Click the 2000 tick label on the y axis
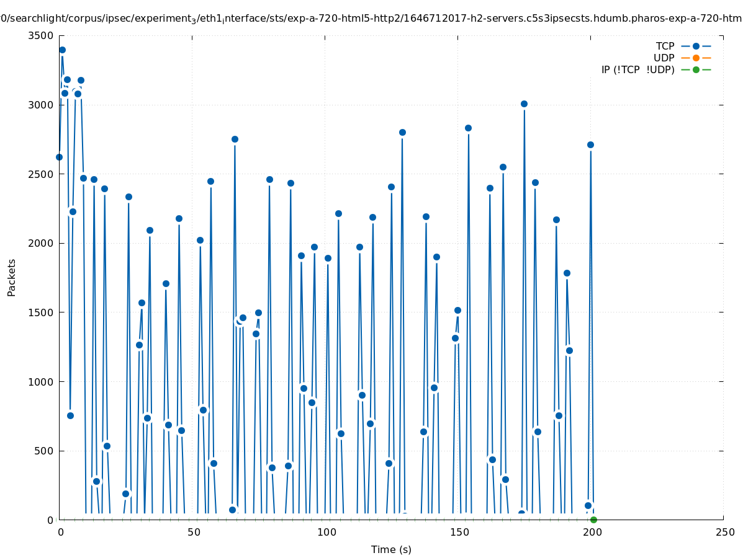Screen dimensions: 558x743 [x=42, y=243]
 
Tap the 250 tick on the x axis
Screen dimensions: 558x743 [x=724, y=533]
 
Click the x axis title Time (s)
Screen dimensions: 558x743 [x=391, y=550]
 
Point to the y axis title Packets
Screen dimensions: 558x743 [x=12, y=277]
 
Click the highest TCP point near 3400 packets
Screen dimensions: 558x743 [x=62, y=50]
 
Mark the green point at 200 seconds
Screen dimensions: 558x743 [x=593, y=520]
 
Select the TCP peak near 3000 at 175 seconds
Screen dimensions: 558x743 [x=524, y=104]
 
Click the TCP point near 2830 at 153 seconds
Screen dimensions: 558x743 [x=468, y=128]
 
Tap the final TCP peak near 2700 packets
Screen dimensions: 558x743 [x=590, y=144]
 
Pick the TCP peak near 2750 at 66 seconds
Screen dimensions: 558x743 [x=235, y=139]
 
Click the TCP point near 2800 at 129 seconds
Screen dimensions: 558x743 [x=402, y=132]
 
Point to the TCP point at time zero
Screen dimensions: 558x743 [x=59, y=157]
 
